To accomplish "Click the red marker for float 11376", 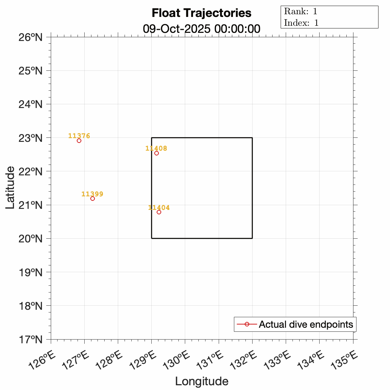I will pos(79,140).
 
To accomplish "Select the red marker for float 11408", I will pos(156,153).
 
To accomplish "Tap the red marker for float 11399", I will pos(92,198).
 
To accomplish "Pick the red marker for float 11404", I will pos(159,212).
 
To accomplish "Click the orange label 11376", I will pos(79,136).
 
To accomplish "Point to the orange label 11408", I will pos(156,148).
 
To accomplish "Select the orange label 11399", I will pos(92,194).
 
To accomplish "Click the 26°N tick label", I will pos(30,37).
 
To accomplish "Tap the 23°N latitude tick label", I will pos(30,138).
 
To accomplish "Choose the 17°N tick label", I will pos(30,339).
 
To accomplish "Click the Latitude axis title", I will pos(10,187).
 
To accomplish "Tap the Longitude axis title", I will pos(201,381).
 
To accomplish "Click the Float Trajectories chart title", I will pos(201,13).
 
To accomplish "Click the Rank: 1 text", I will pos(301,11).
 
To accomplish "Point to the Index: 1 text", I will pos(301,23).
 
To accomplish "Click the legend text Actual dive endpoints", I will pos(306,324).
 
